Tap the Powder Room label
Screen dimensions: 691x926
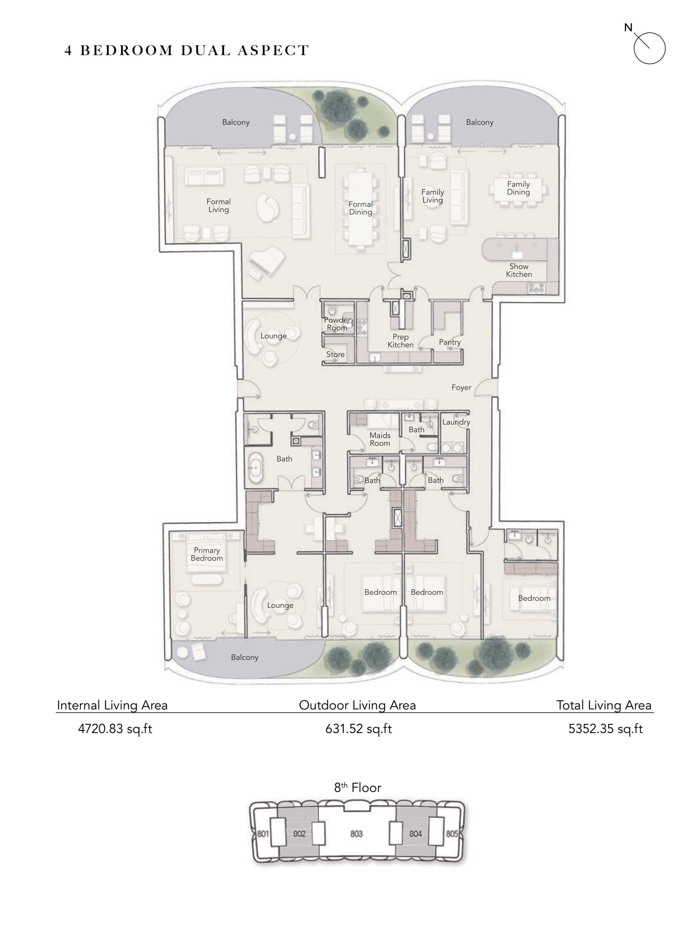pos(337,324)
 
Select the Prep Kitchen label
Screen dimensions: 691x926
pos(400,341)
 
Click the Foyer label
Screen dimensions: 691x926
pos(461,388)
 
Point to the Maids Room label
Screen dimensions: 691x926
pos(380,439)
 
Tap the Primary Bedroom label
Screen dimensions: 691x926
pos(207,554)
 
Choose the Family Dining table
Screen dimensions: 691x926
pos(518,190)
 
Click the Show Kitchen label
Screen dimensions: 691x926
pos(519,270)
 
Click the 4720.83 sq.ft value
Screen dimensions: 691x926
pos(115,729)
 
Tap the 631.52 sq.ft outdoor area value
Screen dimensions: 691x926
pos(359,729)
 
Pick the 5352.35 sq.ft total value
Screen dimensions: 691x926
pos(605,729)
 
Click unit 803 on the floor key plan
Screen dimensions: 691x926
pos(356,834)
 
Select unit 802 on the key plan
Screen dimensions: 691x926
pos(299,834)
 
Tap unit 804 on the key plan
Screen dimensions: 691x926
pos(415,834)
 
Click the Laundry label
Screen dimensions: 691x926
pos(456,422)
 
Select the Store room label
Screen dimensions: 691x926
pos(336,354)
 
